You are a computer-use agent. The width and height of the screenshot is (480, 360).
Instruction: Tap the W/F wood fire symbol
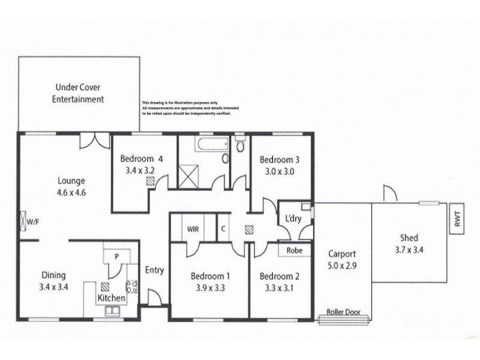pyautogui.click(x=24, y=222)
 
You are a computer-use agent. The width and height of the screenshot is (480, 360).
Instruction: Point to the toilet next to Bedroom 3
pyautogui.click(x=241, y=144)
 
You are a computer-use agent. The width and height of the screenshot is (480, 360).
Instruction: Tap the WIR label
pyautogui.click(x=193, y=229)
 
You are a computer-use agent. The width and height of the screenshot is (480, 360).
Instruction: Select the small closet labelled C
pyautogui.click(x=223, y=229)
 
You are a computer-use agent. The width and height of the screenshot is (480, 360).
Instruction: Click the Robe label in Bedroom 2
pyautogui.click(x=294, y=250)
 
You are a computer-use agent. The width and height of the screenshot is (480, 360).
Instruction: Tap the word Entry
pyautogui.click(x=154, y=270)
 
